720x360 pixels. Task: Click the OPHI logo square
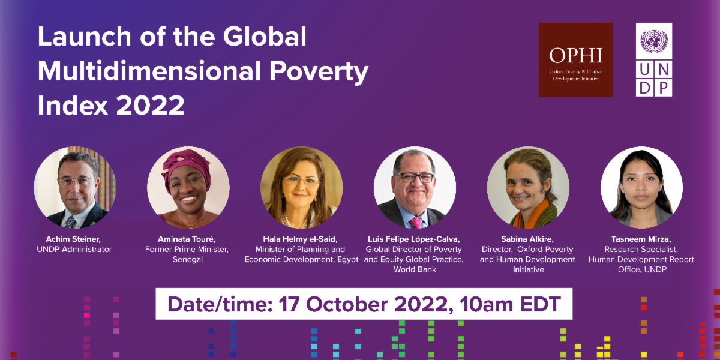tap(575, 60)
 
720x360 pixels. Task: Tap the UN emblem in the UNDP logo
tap(654, 41)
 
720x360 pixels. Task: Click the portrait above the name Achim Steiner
tap(75, 187)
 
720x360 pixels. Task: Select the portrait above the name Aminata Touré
tap(188, 187)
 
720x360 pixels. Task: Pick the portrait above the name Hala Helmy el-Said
tap(301, 187)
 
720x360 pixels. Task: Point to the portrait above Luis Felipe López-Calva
tap(415, 187)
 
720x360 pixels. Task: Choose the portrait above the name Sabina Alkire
tap(528, 187)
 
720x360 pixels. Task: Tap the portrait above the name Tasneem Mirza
tap(641, 187)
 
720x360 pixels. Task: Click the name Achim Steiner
tap(73, 239)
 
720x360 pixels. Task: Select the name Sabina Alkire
tap(527, 239)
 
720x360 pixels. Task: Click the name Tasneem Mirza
tap(641, 239)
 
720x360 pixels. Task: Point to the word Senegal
tap(188, 260)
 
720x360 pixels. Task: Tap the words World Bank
tap(415, 269)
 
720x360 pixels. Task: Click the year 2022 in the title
tap(150, 105)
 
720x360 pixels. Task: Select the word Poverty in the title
tap(319, 71)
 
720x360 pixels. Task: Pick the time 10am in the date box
tap(486, 304)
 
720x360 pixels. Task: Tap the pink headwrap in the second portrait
tap(186, 167)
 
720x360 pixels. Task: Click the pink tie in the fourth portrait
tap(416, 223)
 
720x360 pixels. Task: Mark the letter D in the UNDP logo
tap(644, 88)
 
